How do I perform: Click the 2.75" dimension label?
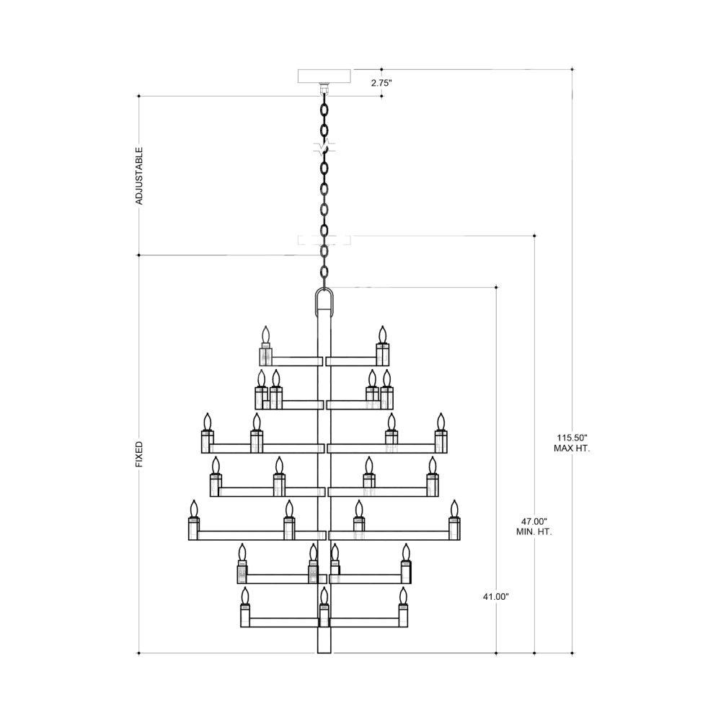[381, 83]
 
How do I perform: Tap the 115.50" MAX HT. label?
[572, 443]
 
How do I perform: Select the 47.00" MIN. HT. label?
[534, 526]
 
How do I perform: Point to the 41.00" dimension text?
[496, 597]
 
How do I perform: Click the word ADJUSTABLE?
[139, 176]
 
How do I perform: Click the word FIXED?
[139, 454]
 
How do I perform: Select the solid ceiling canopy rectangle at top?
[324, 76]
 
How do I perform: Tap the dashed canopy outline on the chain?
[324, 240]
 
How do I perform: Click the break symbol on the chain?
[324, 148]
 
